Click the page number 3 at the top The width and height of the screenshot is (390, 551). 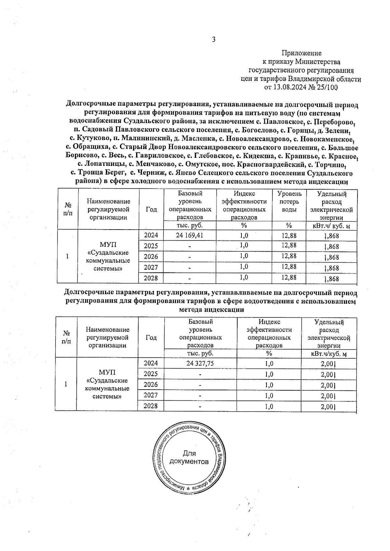click(x=214, y=40)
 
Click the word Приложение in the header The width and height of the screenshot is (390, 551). click(x=301, y=53)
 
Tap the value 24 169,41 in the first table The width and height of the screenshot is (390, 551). click(x=189, y=235)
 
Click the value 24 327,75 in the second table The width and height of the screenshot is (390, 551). click(x=200, y=363)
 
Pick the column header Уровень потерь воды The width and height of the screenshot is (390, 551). click(x=289, y=202)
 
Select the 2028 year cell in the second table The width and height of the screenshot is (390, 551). click(x=150, y=406)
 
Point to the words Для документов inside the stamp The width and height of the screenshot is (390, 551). click(x=189, y=457)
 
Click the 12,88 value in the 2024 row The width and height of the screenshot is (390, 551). click(x=289, y=235)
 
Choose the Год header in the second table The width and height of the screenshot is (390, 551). click(x=151, y=337)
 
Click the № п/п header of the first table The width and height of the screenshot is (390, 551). click(x=68, y=209)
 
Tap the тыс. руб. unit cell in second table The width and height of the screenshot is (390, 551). click(x=200, y=353)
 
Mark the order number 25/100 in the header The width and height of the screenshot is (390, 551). click(x=327, y=87)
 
